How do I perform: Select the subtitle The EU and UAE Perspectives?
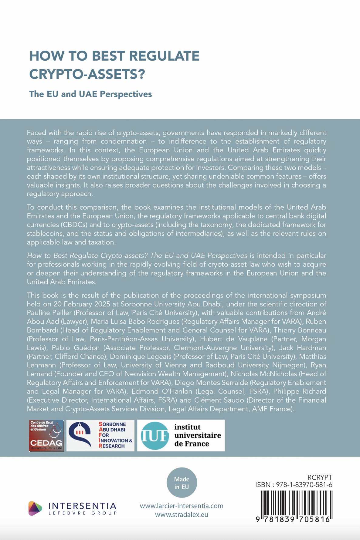click(90, 94)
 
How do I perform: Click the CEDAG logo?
click(46, 436)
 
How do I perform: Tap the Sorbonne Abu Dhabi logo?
click(100, 435)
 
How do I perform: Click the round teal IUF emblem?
click(155, 436)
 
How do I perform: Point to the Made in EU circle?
click(182, 483)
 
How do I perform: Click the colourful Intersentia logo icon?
click(35, 508)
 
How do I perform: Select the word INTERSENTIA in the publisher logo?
click(82, 506)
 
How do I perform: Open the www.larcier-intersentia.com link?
click(182, 506)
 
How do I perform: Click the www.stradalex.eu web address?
click(182, 515)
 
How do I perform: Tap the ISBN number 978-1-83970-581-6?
click(304, 485)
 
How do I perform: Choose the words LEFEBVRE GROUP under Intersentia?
click(83, 513)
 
